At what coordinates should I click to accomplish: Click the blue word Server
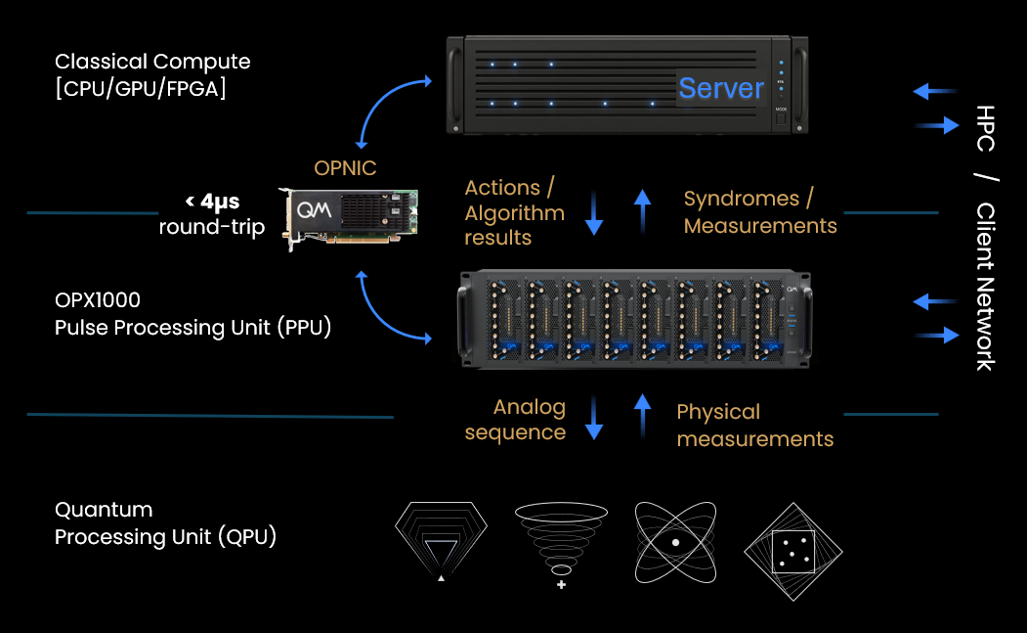pos(721,88)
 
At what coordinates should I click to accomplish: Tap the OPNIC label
pos(345,168)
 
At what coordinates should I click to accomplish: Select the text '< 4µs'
pos(212,203)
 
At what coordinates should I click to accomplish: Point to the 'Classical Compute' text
pos(152,62)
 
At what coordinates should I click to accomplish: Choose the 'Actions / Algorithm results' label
pos(514,212)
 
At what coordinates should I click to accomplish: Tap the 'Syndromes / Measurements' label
pos(759,212)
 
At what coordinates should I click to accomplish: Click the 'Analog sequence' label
pos(515,420)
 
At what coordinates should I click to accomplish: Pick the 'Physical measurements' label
pos(754,425)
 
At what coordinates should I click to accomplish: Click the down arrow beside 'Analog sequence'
pos(593,418)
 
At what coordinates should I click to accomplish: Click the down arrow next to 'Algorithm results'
pos(593,212)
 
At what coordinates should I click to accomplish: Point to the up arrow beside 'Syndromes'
pos(642,210)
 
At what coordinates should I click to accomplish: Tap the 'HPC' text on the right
pos(985,127)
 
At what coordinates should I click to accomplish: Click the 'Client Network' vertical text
pos(985,287)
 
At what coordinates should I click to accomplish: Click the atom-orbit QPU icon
pos(674,541)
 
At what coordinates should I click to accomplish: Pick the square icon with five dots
pos(792,551)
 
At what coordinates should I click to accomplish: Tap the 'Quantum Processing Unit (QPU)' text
pos(165,523)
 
